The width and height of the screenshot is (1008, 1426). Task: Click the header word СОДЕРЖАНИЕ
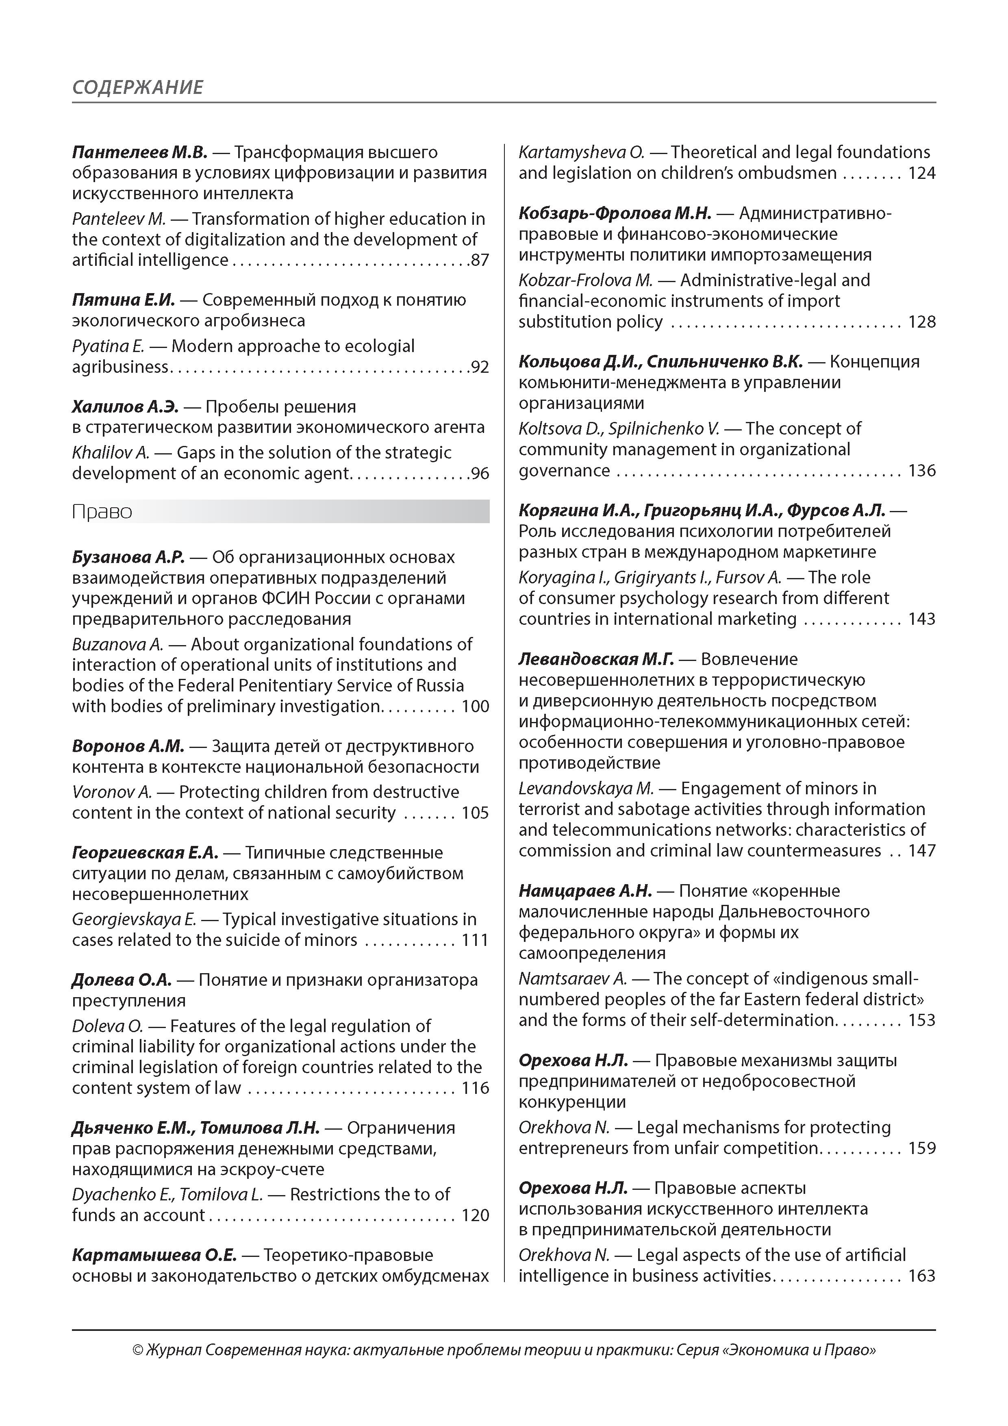[137, 87]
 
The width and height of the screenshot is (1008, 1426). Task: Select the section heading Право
[102, 512]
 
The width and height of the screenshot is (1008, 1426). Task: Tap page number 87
[480, 260]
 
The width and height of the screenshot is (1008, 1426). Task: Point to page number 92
[480, 367]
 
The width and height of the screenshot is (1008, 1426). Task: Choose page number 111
[475, 940]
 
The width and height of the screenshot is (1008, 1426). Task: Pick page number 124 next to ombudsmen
[922, 173]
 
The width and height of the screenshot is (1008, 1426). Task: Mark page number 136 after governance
[922, 470]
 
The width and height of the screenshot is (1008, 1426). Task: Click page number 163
[922, 1275]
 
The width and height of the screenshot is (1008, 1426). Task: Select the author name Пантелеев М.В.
[139, 152]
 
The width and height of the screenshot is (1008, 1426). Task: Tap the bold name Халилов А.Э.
[125, 407]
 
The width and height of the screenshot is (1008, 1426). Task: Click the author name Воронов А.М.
[128, 746]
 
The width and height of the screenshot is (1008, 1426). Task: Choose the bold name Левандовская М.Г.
[596, 659]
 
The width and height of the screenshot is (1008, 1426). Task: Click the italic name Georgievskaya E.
[134, 919]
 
